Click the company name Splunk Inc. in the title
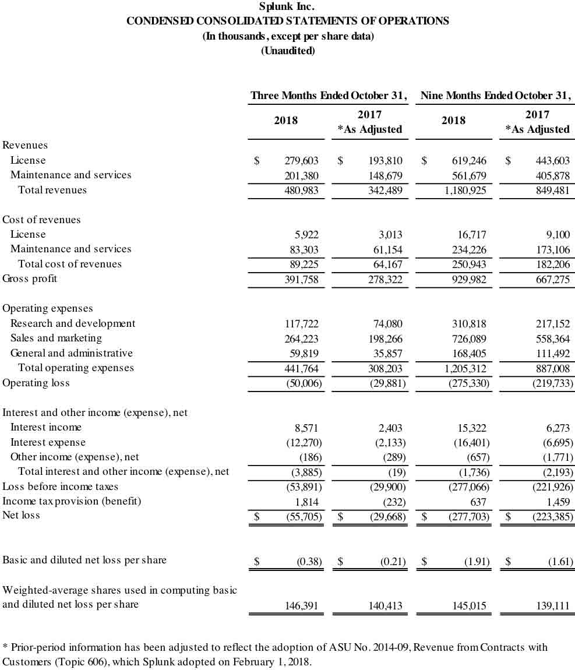[x=288, y=7]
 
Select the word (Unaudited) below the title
[x=288, y=51]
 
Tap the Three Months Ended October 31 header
[x=329, y=95]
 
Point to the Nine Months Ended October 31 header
[x=496, y=95]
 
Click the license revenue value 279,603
[x=301, y=161]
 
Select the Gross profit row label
[x=30, y=278]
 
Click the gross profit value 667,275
[x=552, y=280]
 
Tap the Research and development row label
[x=73, y=323]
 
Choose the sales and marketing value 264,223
[x=301, y=338]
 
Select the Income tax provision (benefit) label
[x=72, y=501]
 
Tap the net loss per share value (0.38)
[x=309, y=562]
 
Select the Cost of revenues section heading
[x=41, y=220]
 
